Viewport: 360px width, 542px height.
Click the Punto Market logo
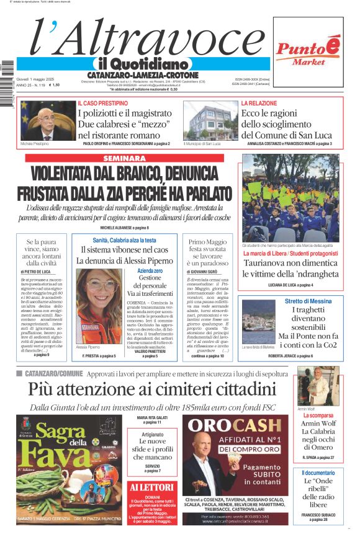(x=308, y=50)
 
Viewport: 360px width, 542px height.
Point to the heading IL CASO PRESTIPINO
(x=103, y=103)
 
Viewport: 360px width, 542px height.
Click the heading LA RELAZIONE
(x=259, y=103)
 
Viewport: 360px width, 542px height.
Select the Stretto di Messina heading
(x=299, y=301)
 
